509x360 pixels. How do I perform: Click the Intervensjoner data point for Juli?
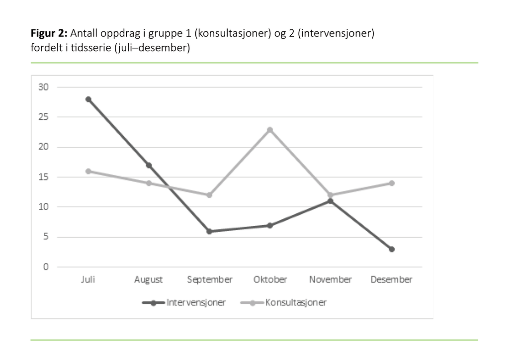pyautogui.click(x=88, y=99)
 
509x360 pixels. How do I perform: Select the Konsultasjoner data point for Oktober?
pyautogui.click(x=270, y=130)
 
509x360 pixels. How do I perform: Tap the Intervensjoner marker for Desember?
pyautogui.click(x=392, y=249)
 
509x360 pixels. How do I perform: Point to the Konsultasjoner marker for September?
pyautogui.click(x=209, y=195)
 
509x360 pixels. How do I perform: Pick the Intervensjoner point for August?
pyautogui.click(x=149, y=165)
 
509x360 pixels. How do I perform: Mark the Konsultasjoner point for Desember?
pyautogui.click(x=392, y=183)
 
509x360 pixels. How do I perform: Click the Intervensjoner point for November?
pyautogui.click(x=331, y=201)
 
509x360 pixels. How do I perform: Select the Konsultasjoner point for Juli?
pyautogui.click(x=88, y=171)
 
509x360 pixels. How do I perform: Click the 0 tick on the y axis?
pyautogui.click(x=46, y=267)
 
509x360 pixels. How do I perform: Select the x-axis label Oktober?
pyautogui.click(x=270, y=279)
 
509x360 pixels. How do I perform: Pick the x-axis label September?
pyautogui.click(x=209, y=279)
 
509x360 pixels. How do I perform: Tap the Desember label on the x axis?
pyautogui.click(x=391, y=279)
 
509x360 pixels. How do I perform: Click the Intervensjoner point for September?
pyautogui.click(x=209, y=231)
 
